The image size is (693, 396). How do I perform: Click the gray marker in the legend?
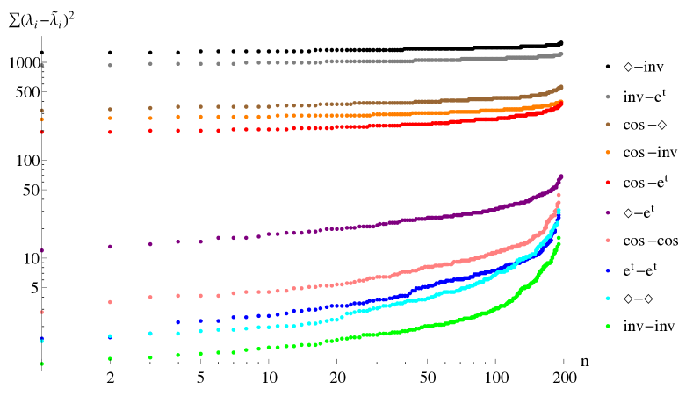(x=608, y=97)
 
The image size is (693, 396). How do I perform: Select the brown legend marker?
(x=608, y=125)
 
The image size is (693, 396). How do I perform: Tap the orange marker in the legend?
(x=608, y=153)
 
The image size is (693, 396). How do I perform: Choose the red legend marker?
(x=608, y=182)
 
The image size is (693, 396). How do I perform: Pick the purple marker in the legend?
(x=608, y=212)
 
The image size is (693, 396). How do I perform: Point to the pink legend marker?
(x=608, y=241)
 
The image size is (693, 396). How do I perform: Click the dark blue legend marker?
(x=608, y=270)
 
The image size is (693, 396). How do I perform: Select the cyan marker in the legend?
(x=608, y=299)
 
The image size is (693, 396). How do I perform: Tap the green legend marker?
(x=608, y=327)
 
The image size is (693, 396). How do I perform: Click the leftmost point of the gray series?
(x=41, y=65)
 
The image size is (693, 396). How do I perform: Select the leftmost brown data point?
(x=41, y=111)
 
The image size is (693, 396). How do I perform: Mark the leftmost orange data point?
(x=41, y=119)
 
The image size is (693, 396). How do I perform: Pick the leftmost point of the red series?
(x=41, y=133)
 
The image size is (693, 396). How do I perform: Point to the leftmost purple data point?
(x=41, y=250)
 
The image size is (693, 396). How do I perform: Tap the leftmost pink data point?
(x=41, y=312)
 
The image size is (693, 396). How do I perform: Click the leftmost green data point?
(x=41, y=364)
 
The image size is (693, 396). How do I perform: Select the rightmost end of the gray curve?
(x=561, y=54)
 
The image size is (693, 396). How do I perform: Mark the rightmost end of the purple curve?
(x=561, y=176)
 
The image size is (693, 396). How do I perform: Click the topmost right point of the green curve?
(x=559, y=237)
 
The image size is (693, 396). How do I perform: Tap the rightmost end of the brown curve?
(x=561, y=86)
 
